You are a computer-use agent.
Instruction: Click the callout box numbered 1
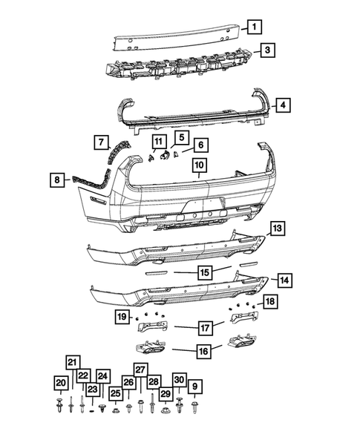254,27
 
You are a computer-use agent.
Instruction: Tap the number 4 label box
283,105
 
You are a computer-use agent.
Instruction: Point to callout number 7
101,141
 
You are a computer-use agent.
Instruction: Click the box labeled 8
56,178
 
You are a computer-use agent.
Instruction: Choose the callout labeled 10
200,165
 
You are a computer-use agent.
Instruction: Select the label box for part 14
283,280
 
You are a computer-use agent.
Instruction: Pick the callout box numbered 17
205,326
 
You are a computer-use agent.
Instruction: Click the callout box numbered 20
60,382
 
